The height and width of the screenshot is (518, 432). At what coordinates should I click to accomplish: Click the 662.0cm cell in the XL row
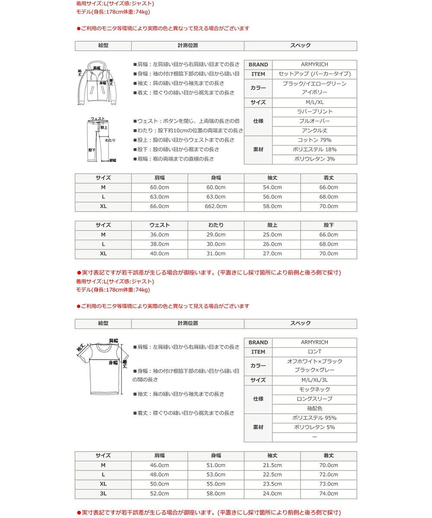[216, 206]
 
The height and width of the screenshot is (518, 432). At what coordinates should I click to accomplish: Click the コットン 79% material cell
[314, 140]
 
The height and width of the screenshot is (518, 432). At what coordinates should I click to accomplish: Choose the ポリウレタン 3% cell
[314, 159]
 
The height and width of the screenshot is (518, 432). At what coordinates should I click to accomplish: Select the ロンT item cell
[314, 352]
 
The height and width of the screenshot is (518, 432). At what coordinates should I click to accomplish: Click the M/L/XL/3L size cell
[314, 380]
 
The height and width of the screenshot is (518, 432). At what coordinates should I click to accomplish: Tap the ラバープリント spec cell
[314, 112]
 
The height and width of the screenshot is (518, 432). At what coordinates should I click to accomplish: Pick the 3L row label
[103, 494]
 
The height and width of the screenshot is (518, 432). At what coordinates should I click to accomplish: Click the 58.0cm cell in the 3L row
[216, 494]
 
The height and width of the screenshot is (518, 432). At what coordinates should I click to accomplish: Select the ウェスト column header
[159, 225]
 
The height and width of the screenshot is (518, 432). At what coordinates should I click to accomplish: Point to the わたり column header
[216, 225]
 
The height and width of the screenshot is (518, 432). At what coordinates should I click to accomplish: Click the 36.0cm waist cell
[159, 235]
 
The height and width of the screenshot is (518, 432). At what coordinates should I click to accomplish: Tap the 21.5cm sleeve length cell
[272, 465]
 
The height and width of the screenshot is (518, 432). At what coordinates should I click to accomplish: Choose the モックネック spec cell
[314, 390]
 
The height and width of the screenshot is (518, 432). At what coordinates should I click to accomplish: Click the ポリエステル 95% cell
[314, 418]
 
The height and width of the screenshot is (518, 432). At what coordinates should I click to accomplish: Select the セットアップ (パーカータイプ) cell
[314, 74]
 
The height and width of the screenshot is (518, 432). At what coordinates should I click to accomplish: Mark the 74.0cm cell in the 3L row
[329, 494]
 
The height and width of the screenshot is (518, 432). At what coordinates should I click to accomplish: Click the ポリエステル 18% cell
[314, 150]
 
